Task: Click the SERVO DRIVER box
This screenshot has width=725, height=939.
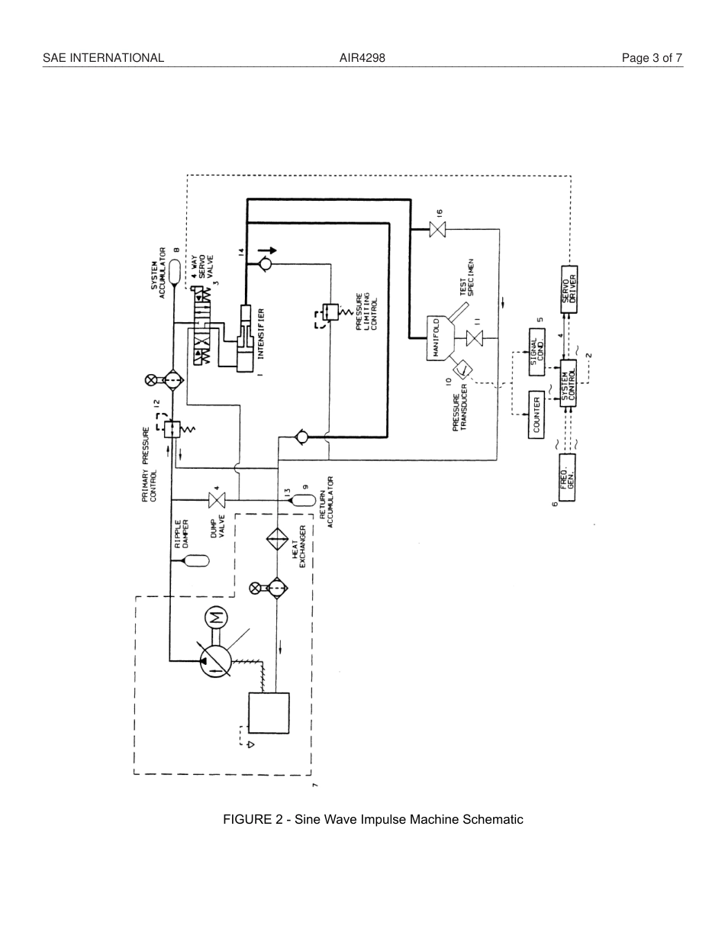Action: click(569, 289)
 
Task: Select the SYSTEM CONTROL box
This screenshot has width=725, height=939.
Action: click(569, 382)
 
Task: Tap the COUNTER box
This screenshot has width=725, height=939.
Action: click(537, 415)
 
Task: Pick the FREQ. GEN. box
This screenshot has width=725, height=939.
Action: click(567, 477)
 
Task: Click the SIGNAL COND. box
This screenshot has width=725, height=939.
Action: click(537, 352)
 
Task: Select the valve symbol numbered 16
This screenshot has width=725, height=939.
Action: click(437, 229)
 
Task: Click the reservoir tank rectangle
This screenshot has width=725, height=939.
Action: click(268, 712)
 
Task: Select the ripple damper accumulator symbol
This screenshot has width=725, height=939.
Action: click(195, 561)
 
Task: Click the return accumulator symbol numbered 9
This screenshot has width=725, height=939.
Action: click(304, 500)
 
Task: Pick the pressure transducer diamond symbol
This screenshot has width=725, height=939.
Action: click(462, 371)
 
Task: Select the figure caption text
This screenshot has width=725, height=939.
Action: click(372, 819)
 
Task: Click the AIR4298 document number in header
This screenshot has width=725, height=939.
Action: click(362, 58)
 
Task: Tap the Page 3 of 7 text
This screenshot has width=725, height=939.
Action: click(652, 58)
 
